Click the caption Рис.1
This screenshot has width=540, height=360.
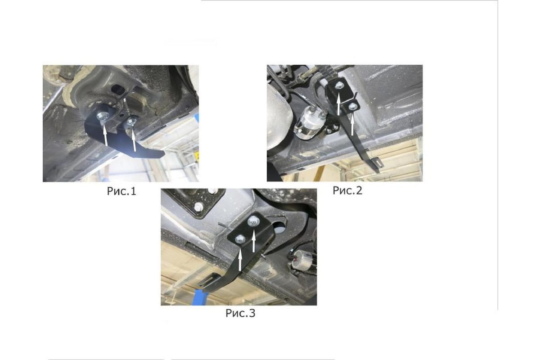pyautogui.click(x=121, y=191)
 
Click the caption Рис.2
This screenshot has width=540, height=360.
pyautogui.click(x=347, y=190)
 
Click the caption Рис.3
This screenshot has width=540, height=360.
pyautogui.click(x=240, y=313)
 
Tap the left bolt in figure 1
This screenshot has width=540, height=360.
pyautogui.click(x=102, y=117)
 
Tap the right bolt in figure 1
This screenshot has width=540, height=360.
pyautogui.click(x=131, y=121)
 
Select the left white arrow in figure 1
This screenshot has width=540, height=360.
pyautogui.click(x=105, y=135)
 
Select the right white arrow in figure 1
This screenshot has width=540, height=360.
pyautogui.click(x=134, y=140)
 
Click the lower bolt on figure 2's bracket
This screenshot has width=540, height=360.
pyautogui.click(x=353, y=106)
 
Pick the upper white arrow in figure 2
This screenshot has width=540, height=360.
pyautogui.click(x=339, y=104)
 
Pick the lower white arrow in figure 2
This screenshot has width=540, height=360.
pyautogui.click(x=352, y=124)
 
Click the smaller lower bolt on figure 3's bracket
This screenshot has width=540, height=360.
pyautogui.click(x=240, y=239)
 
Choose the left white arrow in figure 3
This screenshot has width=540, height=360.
pyautogui.click(x=240, y=260)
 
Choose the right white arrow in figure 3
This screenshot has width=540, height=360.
pyautogui.click(x=253, y=241)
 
